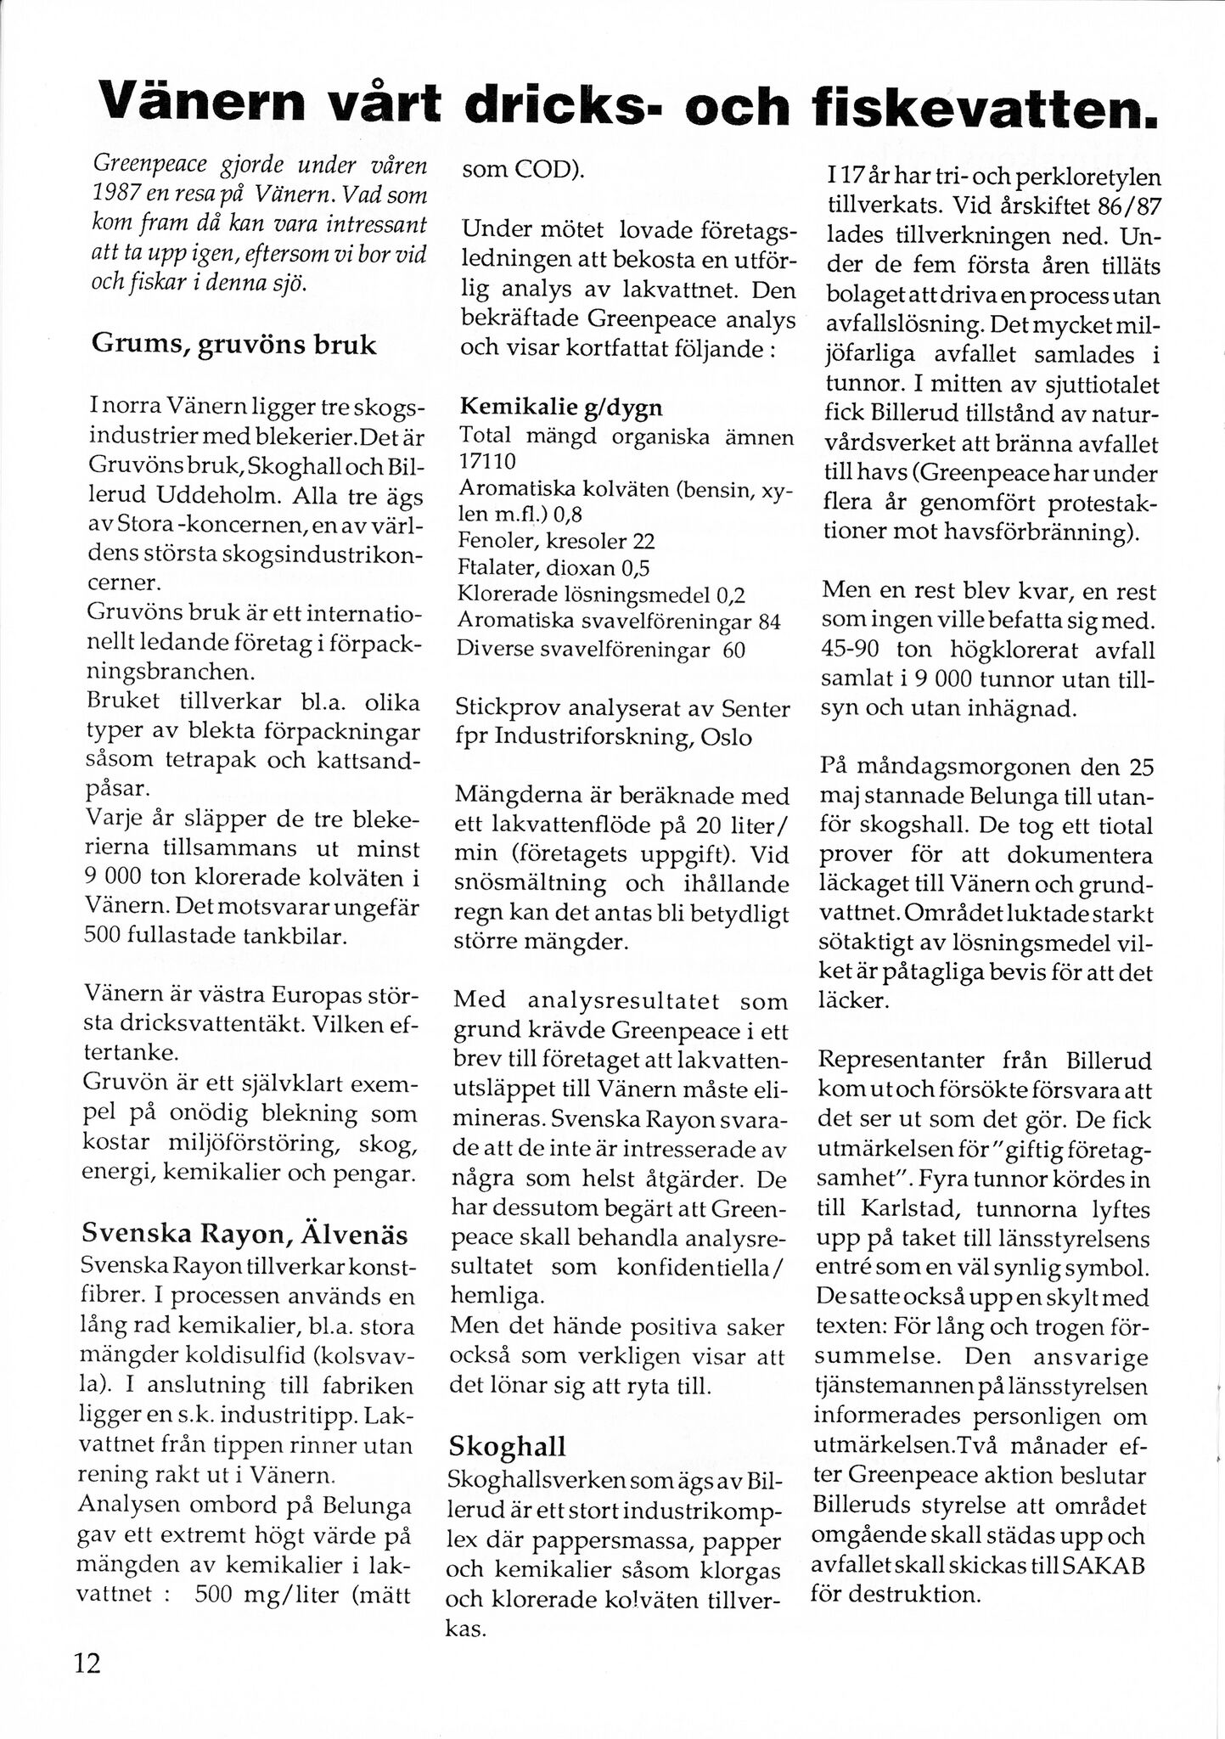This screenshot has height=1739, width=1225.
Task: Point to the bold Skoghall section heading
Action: pyautogui.click(x=507, y=1446)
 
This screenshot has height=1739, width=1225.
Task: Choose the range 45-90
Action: pyautogui.click(x=851, y=650)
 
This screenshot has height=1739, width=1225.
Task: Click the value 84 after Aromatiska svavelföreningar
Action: pyautogui.click(x=769, y=622)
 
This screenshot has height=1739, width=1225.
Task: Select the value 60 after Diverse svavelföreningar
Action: pyautogui.click(x=735, y=650)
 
